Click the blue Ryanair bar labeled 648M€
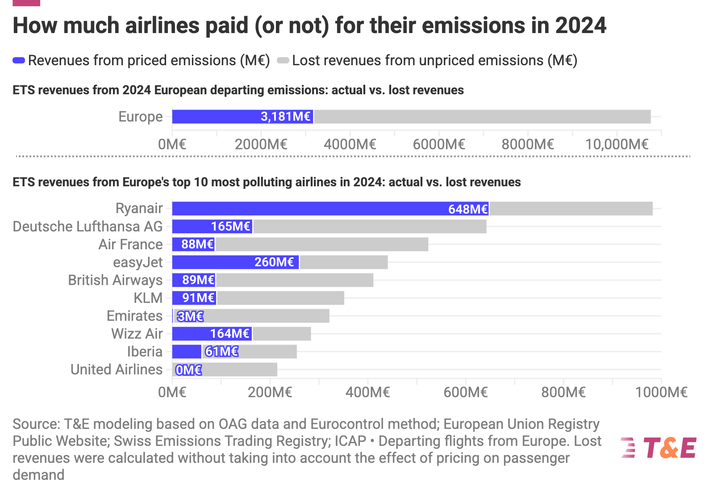pos(330,209)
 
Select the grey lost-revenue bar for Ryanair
pos(571,209)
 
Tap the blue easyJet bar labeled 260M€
pos(235,262)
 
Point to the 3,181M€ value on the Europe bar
pos(285,117)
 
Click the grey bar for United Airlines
pos(239,369)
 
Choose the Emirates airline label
pos(134,316)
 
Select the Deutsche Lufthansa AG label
pos(88,227)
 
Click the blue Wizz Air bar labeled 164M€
pos(212,334)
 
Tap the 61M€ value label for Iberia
pos(221,352)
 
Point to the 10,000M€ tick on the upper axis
pos(617,144)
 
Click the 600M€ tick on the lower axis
pos(465,392)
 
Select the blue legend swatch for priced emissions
pos(19,60)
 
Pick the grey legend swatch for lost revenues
pos(283,60)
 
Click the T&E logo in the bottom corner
pos(659,448)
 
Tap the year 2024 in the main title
pos(580,25)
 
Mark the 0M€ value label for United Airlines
pos(188,370)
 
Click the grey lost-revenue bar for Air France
pos(321,244)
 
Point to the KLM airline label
pos(148,298)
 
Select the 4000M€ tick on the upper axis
pos(350,144)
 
